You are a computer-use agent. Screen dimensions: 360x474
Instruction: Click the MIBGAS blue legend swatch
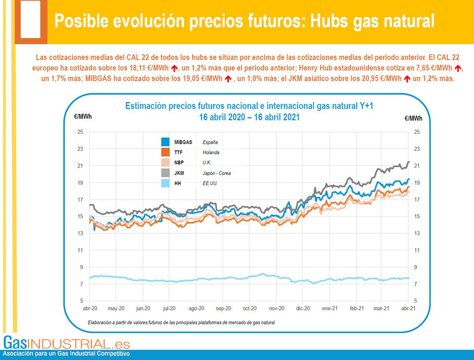click(x=165, y=142)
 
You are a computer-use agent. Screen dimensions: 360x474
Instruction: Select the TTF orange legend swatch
click(x=165, y=153)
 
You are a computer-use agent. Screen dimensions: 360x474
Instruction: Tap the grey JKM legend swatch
click(x=165, y=173)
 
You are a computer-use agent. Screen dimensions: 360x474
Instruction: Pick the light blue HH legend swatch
click(x=165, y=183)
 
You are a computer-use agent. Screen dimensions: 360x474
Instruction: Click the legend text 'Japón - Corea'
click(x=216, y=173)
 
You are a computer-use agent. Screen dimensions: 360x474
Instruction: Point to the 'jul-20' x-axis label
click(x=169, y=308)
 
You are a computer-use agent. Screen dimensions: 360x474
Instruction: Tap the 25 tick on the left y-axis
click(x=79, y=132)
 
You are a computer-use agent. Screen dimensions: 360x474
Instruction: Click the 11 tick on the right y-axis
click(x=417, y=250)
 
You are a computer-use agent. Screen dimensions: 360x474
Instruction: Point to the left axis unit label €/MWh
click(x=79, y=117)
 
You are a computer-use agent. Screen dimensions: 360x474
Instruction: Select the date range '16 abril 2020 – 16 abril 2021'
click(x=249, y=118)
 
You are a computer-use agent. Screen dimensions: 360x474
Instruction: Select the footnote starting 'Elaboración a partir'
click(x=181, y=322)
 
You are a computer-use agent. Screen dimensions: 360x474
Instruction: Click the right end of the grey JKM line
click(x=408, y=162)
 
